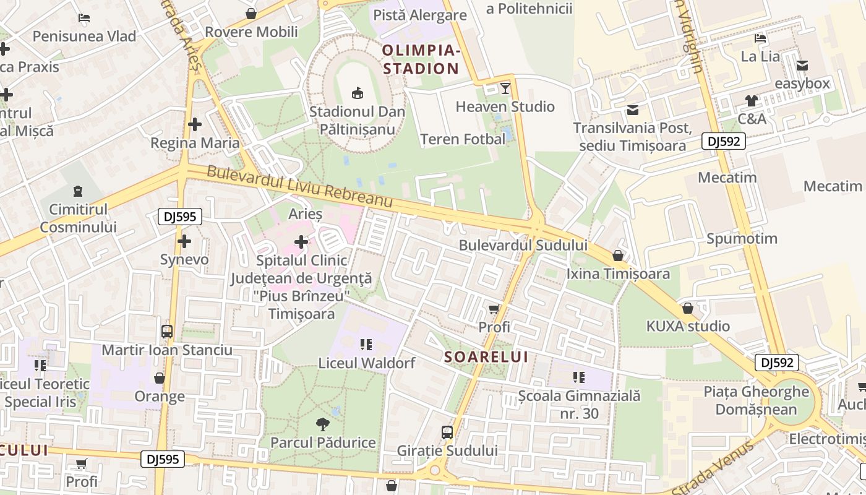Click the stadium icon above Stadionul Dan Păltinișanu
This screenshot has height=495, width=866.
coord(357,93)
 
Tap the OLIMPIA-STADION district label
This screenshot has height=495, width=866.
coord(421,59)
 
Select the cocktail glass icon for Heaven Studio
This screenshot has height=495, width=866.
coord(505,88)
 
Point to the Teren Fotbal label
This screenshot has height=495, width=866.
coord(463,139)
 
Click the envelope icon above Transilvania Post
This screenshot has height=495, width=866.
coord(632,110)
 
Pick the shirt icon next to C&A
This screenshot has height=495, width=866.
coord(751,101)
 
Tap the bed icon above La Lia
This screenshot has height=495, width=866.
coord(760,38)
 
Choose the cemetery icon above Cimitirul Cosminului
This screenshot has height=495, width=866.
coord(78,191)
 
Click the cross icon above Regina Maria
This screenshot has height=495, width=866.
coord(195,124)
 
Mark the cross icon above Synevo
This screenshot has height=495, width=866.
coord(184,241)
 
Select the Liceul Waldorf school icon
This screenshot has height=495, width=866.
coord(366,344)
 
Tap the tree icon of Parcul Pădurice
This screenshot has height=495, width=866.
coord(322,424)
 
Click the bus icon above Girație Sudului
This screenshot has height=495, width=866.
coord(447,432)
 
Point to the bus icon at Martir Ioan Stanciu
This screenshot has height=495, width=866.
coord(166,331)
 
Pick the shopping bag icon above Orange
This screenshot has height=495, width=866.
coord(159,378)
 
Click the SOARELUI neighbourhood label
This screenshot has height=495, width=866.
coord(486,357)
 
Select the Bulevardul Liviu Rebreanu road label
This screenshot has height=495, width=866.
coord(300,186)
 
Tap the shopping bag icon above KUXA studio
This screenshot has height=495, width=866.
coord(687,308)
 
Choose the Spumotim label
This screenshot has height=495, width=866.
coord(742,238)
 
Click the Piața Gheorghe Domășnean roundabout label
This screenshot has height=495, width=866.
coord(756,400)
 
